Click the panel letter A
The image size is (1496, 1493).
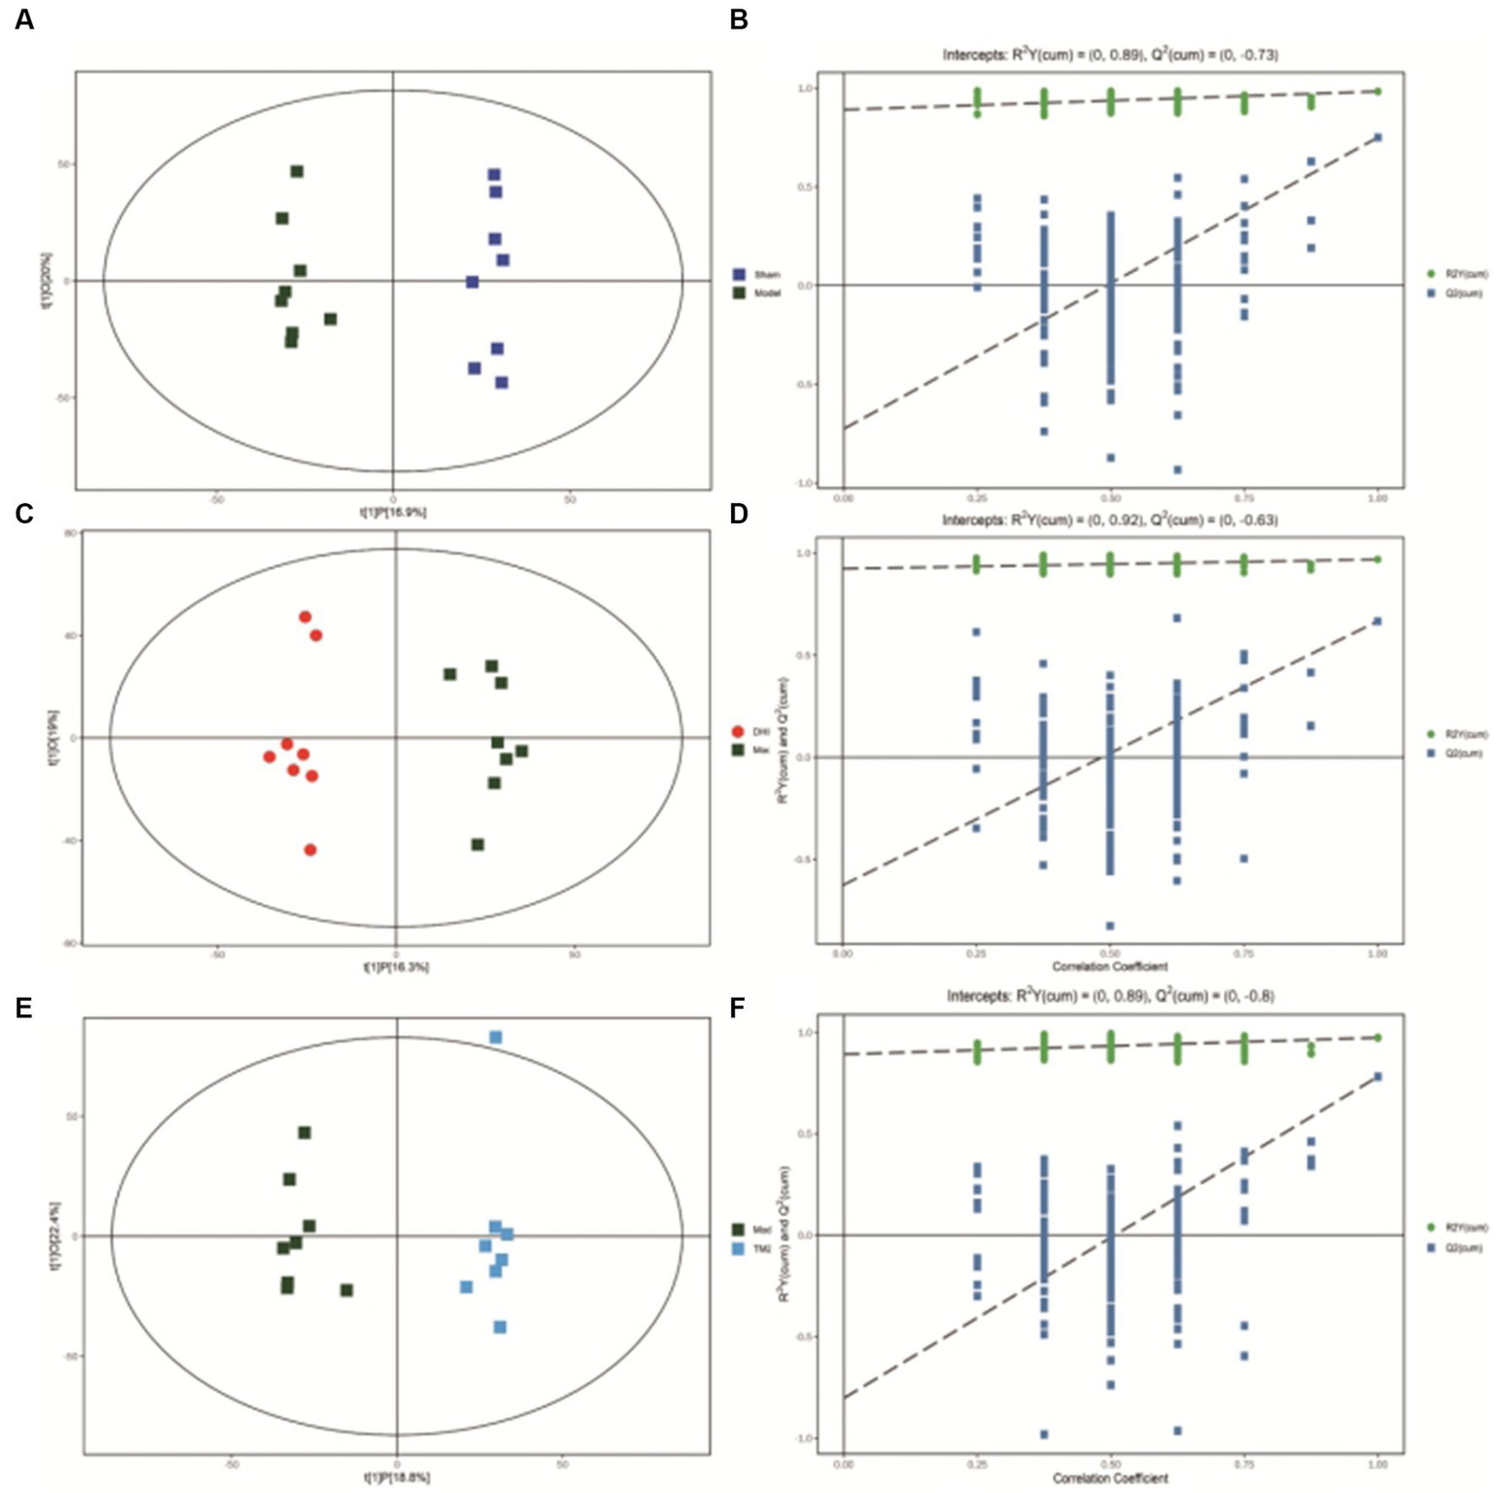(x=24, y=19)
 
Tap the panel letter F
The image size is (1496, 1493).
(x=739, y=1008)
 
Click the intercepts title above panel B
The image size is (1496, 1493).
(x=1110, y=55)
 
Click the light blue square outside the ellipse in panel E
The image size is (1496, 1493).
(x=495, y=1038)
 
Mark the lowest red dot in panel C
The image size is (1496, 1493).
(x=310, y=850)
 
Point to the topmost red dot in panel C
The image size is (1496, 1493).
(x=305, y=617)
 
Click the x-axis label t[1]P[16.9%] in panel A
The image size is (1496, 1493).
(x=394, y=512)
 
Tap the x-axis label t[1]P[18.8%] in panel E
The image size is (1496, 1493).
(x=397, y=1478)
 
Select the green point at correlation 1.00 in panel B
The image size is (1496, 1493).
(x=1377, y=92)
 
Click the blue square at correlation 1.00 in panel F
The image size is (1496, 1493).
(x=1378, y=1077)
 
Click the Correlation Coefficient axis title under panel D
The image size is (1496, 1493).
(x=1109, y=967)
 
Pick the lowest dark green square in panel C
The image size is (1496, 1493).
(x=478, y=845)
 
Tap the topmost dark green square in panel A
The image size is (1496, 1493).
(x=297, y=172)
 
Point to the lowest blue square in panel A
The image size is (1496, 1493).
(x=501, y=383)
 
